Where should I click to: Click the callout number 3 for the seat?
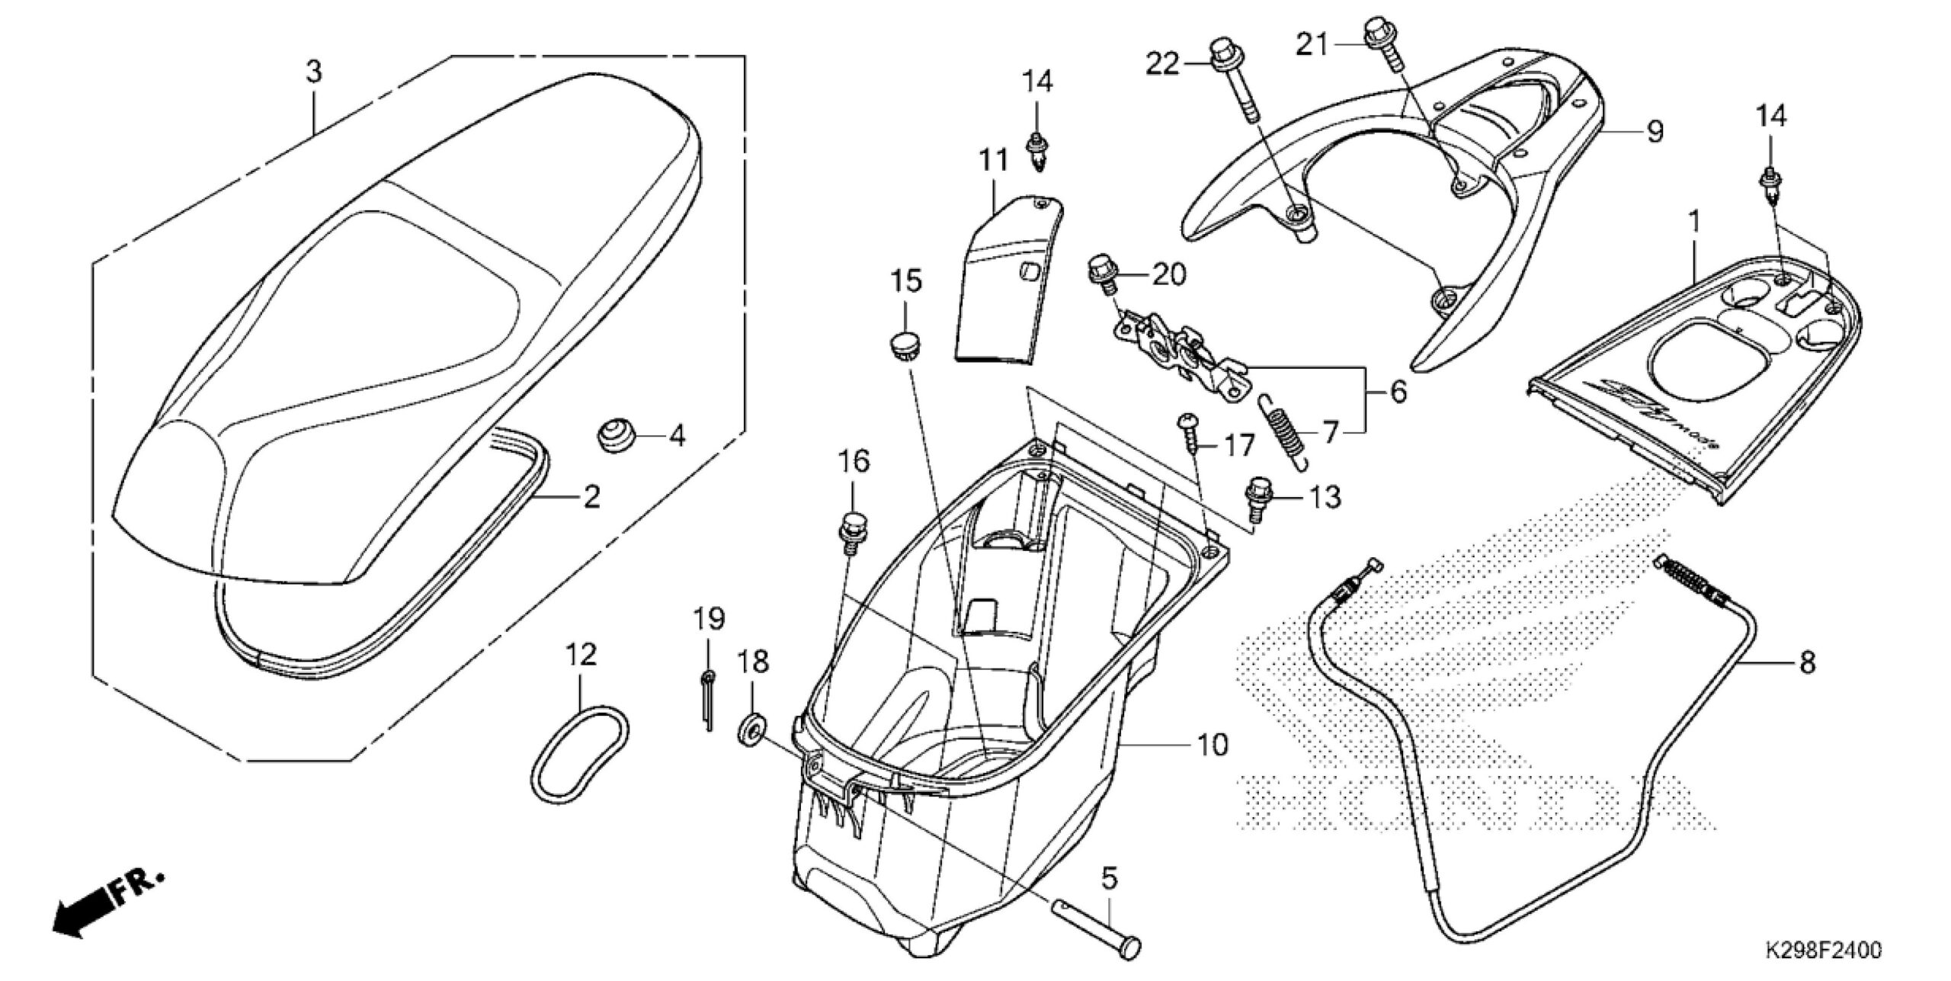coord(314,72)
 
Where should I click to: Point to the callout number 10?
coord(1213,745)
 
